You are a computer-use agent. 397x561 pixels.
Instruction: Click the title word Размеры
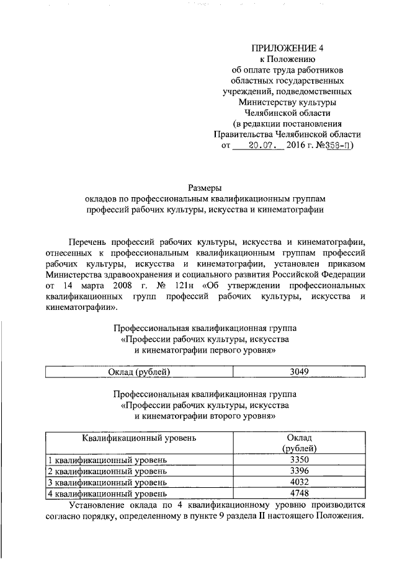pyautogui.click(x=205, y=187)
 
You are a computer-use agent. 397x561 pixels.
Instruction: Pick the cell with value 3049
pyautogui.click(x=299, y=372)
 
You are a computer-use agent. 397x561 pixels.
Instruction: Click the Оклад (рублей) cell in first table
pyautogui.click(x=140, y=372)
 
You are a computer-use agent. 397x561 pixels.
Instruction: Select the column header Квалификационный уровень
pyautogui.click(x=140, y=438)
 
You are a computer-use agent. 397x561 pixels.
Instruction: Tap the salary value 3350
pyautogui.click(x=299, y=460)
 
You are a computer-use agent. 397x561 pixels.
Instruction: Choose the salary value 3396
pyautogui.click(x=299, y=471)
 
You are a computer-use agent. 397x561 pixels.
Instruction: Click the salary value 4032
pyautogui.click(x=299, y=482)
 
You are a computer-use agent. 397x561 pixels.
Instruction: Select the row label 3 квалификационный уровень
pyautogui.click(x=107, y=482)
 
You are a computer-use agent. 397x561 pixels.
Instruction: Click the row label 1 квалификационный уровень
pyautogui.click(x=107, y=460)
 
